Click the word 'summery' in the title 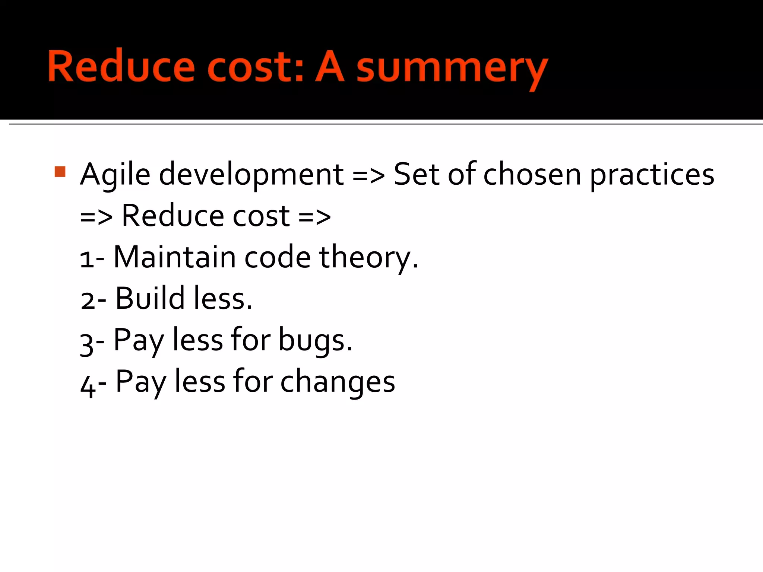coord(452,69)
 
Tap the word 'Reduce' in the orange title coord(121,66)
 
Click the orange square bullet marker coord(60,172)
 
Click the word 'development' coord(251,175)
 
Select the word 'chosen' coord(532,174)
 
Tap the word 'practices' coord(652,175)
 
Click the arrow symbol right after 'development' coord(368,175)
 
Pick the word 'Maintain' coord(174,257)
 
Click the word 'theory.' coord(368,258)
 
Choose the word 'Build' coord(150,298)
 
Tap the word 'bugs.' coord(315,340)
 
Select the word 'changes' coord(337,382)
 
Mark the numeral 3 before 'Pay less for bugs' coord(86,343)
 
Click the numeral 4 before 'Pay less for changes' coord(88,385)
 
